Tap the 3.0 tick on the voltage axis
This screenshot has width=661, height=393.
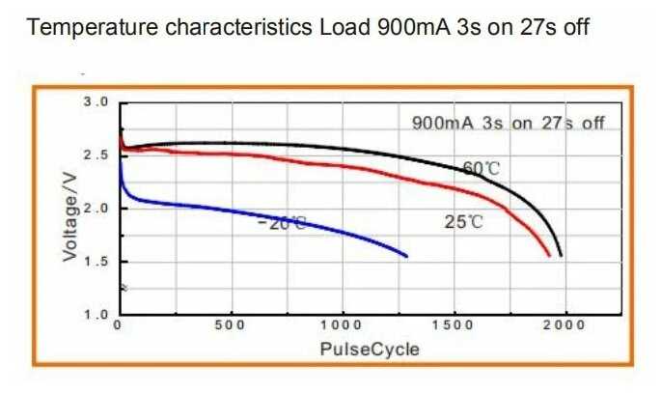pos(98,102)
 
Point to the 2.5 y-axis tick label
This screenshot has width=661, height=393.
pos(98,155)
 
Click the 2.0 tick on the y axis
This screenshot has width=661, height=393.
pos(98,209)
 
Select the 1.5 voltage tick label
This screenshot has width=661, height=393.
pos(98,262)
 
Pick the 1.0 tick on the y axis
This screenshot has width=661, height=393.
pos(98,315)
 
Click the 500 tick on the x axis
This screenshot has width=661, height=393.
pos(229,325)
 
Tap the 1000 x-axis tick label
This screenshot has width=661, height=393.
pos(341,325)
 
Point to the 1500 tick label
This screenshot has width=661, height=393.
pos(452,325)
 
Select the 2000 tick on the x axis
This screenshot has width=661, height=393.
pos(564,325)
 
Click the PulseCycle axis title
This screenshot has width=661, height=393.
pos(370,349)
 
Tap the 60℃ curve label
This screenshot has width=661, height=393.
pos(482,168)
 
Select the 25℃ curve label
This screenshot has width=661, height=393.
pos(464,222)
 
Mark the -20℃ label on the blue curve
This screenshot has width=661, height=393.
pos(283,223)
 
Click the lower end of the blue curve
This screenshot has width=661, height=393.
pos(405,255)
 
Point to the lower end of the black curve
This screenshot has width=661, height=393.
pos(561,255)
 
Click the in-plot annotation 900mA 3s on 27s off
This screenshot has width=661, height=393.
pos(508,124)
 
